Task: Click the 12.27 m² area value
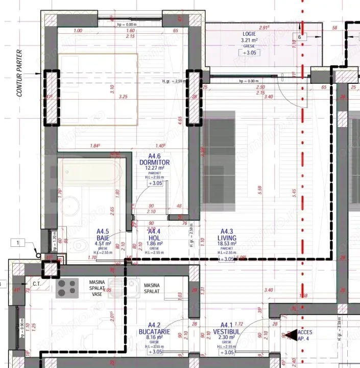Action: pos(155,168)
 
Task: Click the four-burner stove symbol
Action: pos(67,288)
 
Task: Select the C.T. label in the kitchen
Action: pos(37,284)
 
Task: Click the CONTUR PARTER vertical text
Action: pos(20,73)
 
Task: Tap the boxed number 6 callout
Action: pos(300,37)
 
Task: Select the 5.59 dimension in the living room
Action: pos(260,188)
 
